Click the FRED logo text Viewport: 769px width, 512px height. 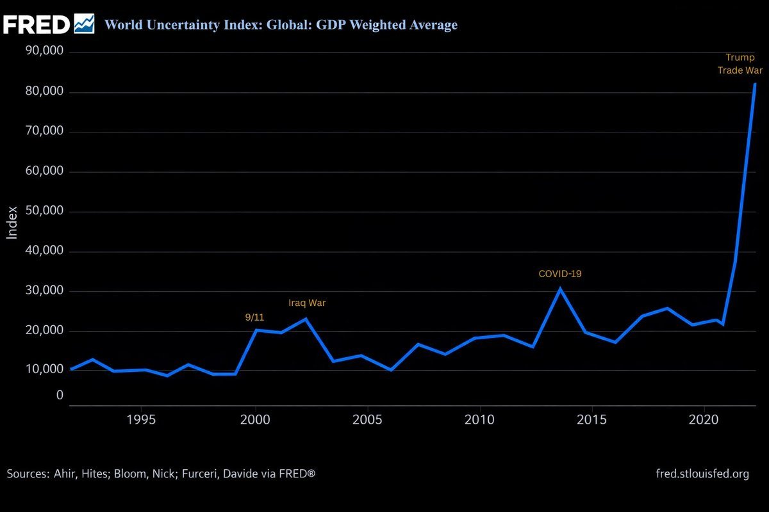[x=37, y=24]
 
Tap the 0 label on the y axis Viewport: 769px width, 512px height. [x=60, y=395]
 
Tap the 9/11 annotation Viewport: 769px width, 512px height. [x=254, y=317]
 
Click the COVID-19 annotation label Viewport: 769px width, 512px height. [x=559, y=274]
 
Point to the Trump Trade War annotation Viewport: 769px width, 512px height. [x=740, y=64]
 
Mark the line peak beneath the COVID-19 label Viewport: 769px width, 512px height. [x=560, y=289]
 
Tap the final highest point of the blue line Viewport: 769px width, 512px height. [x=755, y=84]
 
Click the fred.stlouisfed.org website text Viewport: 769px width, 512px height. [x=702, y=474]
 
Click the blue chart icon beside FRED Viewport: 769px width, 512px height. [x=84, y=24]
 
